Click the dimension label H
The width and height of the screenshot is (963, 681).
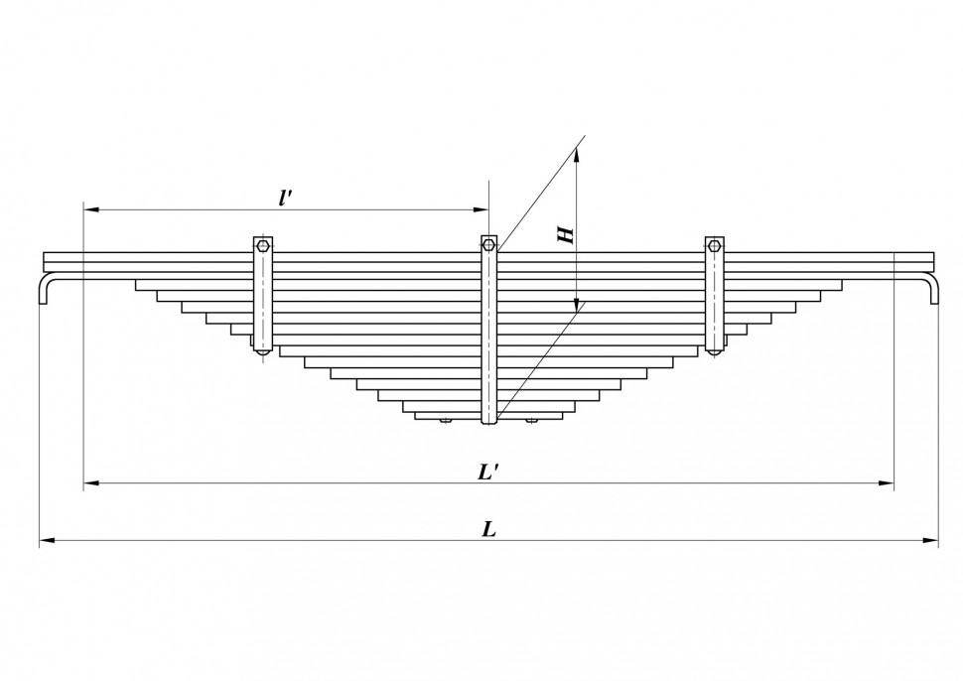566,234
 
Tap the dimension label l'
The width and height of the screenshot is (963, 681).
284,198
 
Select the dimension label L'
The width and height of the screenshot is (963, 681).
488,472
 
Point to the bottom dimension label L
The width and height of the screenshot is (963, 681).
488,529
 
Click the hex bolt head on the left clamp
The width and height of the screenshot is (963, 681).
263,246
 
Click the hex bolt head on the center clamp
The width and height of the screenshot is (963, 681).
488,245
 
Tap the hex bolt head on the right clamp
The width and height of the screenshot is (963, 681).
714,246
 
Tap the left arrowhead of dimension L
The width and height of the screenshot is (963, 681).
48,540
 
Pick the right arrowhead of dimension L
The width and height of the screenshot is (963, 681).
931,540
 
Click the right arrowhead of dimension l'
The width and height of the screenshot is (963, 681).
481,209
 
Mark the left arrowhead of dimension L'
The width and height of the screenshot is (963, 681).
91,483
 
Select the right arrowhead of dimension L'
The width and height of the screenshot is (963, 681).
887,483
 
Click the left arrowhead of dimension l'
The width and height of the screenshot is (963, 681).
91,209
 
